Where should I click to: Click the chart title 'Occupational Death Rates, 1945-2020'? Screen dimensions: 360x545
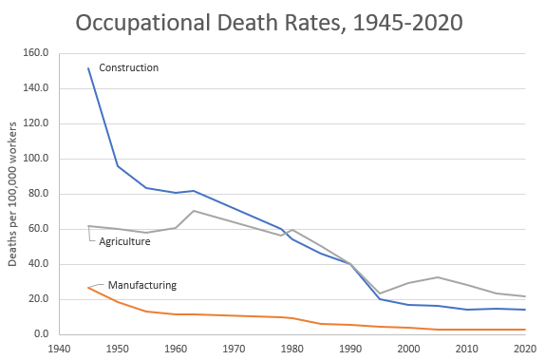click(x=272, y=21)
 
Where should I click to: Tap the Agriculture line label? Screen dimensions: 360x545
click(x=125, y=241)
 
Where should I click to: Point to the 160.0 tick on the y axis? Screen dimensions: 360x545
click(x=35, y=53)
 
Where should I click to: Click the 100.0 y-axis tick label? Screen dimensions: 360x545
click(x=35, y=159)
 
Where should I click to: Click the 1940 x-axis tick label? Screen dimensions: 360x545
click(x=59, y=349)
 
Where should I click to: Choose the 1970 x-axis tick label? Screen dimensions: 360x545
click(x=234, y=349)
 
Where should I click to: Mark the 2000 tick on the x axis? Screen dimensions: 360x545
click(x=408, y=349)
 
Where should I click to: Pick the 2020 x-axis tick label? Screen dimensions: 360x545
click(x=525, y=349)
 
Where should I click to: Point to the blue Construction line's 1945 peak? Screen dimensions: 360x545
click(x=88, y=68)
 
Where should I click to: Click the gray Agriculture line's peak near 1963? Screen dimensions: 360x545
click(x=193, y=211)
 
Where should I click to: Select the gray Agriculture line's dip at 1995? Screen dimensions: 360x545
click(x=380, y=294)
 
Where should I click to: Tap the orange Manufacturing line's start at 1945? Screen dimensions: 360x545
click(x=88, y=287)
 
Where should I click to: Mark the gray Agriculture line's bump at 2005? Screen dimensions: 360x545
click(x=438, y=277)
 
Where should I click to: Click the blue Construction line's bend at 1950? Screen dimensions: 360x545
click(x=118, y=166)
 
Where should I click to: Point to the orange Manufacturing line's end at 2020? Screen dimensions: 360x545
click(x=525, y=330)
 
